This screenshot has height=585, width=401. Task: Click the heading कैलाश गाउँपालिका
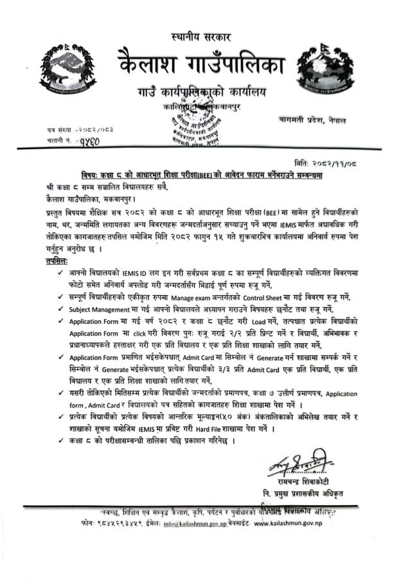[x=201, y=65]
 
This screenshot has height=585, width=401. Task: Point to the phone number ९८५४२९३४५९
[x=103, y=523]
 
